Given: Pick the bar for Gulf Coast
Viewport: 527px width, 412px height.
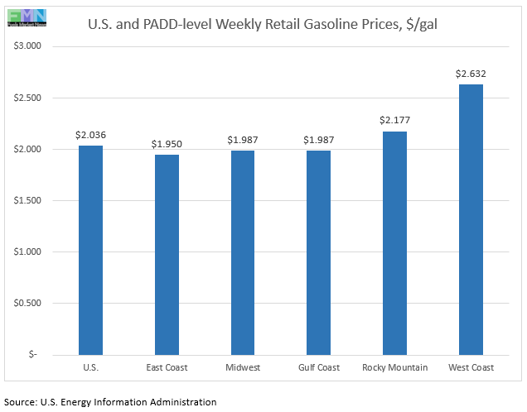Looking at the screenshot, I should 318,252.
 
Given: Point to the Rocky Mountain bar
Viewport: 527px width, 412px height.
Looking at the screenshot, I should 394,242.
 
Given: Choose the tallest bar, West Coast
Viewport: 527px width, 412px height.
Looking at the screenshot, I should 471,219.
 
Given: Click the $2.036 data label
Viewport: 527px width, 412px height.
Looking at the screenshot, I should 90,134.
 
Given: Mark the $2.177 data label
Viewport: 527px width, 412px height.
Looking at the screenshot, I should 394,120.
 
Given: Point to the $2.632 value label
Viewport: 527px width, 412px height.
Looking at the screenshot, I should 471,73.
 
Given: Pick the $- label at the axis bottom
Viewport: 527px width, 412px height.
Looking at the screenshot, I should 33,354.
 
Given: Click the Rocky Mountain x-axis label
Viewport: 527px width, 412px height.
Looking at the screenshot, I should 394,367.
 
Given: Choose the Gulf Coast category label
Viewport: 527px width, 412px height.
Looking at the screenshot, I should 318,367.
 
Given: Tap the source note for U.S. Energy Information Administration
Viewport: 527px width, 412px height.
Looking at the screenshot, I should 110,402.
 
